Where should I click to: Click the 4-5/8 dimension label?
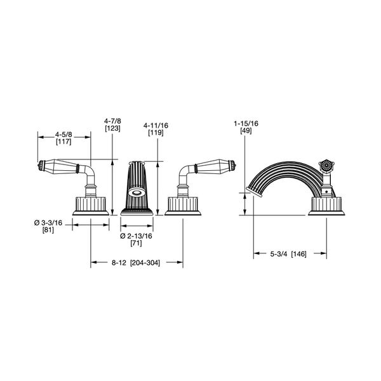(63, 135)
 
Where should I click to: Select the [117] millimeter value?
(63, 142)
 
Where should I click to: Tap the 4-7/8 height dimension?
(112, 121)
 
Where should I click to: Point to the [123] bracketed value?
(112, 128)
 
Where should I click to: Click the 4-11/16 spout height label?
(156, 125)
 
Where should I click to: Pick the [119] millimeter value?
(156, 133)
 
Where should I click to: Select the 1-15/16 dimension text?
(246, 123)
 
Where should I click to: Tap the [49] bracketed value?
(246, 131)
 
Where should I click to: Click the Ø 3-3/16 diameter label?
(48, 223)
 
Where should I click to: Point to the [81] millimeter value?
(48, 230)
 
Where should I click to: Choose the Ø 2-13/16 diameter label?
(136, 236)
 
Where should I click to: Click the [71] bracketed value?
(136, 243)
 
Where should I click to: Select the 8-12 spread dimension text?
(119, 263)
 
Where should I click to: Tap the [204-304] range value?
(145, 263)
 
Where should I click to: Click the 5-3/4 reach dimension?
(279, 254)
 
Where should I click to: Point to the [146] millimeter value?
(298, 254)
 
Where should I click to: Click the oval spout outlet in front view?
(137, 192)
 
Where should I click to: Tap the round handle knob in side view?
(326, 166)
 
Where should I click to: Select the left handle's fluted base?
(91, 206)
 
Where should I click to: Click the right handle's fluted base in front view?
(183, 206)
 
